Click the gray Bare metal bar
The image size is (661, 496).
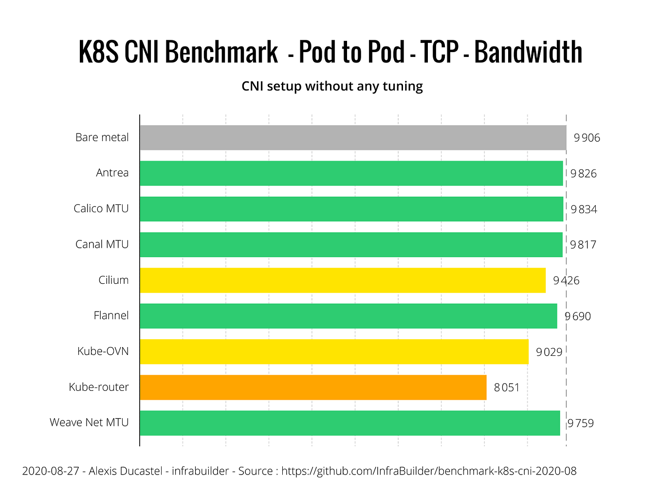[353, 137]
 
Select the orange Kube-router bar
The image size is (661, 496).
[313, 387]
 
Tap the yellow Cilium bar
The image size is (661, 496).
[342, 280]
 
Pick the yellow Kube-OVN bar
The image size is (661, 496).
[334, 351]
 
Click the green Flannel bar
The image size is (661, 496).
[348, 316]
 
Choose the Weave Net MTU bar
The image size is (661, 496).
[349, 423]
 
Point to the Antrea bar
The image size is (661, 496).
[351, 173]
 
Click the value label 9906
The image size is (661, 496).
[587, 138]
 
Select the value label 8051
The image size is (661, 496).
[507, 387]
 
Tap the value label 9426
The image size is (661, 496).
[566, 280]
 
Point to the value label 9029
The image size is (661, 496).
[549, 352]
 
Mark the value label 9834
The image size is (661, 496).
[584, 209]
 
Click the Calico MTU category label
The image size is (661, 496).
[101, 208]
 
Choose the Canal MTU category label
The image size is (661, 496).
[102, 244]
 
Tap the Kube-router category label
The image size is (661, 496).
[99, 387]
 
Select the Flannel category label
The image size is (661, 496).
[111, 315]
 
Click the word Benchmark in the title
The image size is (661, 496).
[221, 52]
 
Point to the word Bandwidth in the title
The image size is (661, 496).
[528, 52]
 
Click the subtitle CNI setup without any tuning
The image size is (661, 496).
[332, 86]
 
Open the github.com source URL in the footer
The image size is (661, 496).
[429, 471]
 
